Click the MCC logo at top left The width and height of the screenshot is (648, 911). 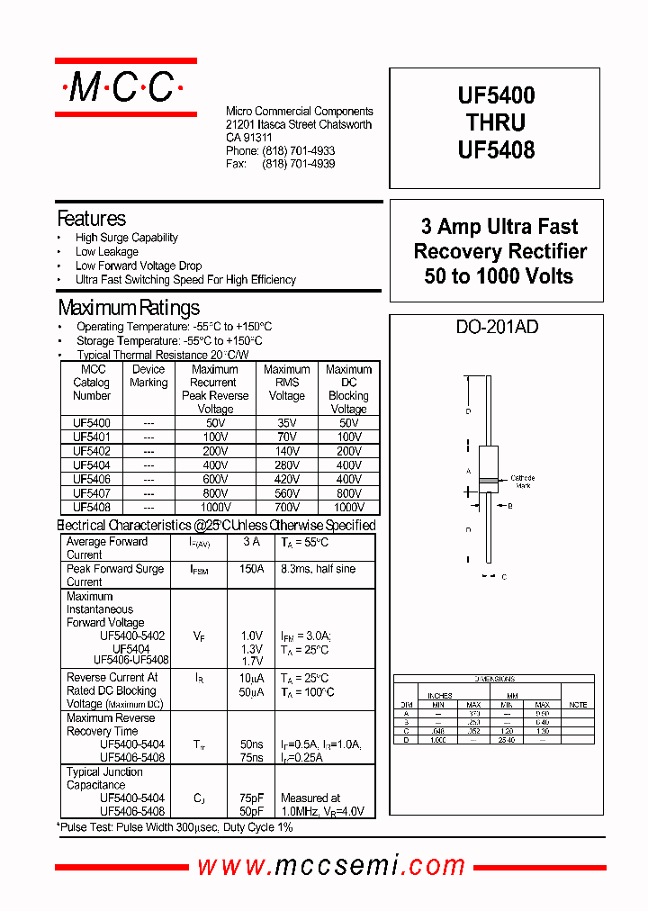click(125, 87)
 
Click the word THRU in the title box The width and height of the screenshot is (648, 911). click(496, 122)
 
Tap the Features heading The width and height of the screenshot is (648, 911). click(91, 219)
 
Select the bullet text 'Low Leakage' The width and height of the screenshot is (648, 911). click(106, 252)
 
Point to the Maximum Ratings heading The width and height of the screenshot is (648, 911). click(128, 308)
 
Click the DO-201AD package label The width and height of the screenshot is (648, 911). click(497, 328)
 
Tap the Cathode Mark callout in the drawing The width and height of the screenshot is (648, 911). click(522, 482)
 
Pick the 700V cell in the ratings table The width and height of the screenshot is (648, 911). click(286, 507)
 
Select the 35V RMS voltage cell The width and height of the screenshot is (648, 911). click(286, 422)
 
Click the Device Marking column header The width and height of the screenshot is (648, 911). click(148, 376)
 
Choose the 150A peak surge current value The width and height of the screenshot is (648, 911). click(252, 569)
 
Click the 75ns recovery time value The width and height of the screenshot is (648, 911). click(252, 758)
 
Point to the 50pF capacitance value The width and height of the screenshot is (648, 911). click(252, 812)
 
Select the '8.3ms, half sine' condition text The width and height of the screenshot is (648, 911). click(318, 569)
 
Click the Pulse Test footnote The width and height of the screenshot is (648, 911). click(176, 826)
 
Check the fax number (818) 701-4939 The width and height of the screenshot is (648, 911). click(298, 164)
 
